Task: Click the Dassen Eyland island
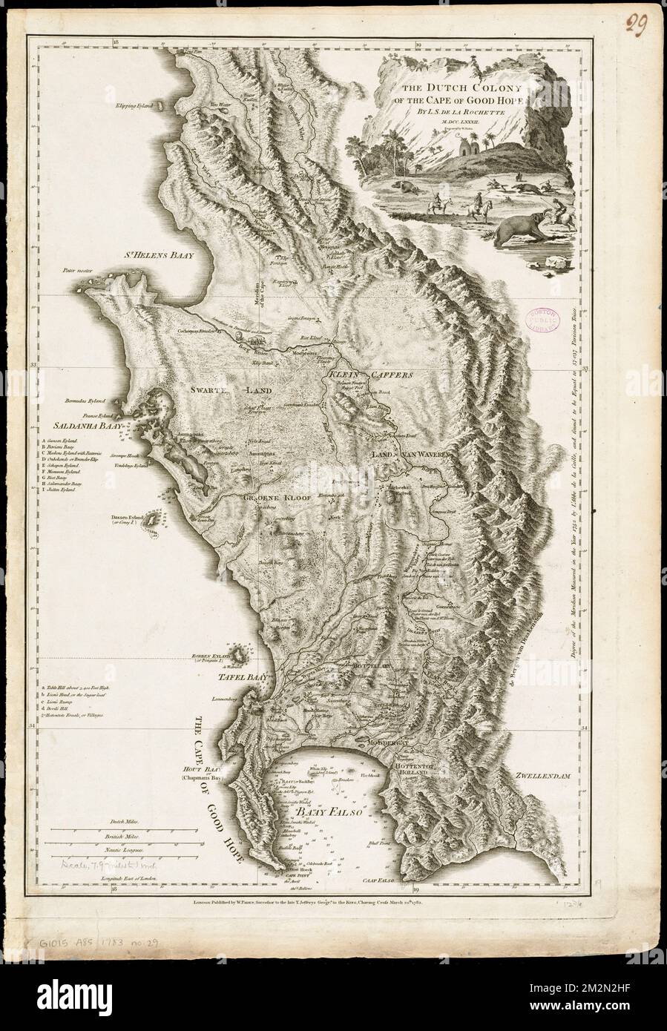[152, 522]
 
